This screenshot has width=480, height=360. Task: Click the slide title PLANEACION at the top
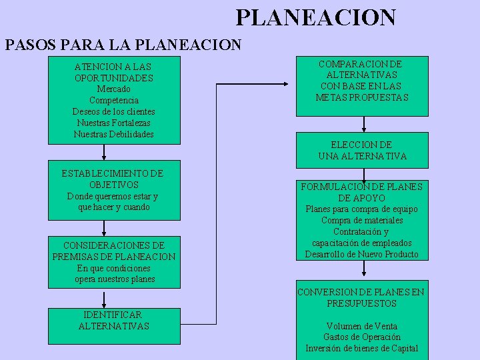pos(315,17)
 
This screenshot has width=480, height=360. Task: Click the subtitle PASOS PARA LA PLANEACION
pos(123,45)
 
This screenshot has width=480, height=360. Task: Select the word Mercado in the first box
pos(114,89)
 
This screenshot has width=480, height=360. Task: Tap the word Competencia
pos(114,100)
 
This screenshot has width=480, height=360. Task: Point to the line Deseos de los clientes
pos(114,111)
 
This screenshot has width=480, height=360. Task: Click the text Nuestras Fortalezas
pos(114,123)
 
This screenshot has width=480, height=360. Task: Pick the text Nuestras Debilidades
pos(114,134)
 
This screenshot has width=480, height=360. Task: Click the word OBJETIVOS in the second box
pos(114,185)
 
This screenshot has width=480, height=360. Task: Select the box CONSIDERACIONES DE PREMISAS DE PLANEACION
pos(114,262)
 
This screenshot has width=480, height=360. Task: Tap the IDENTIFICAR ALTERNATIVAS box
pos(114,325)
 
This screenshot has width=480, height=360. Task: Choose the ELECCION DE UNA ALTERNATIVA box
pos(363,150)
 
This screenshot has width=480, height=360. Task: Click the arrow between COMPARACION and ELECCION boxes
pos(363,125)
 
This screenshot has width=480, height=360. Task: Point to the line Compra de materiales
pos(362,220)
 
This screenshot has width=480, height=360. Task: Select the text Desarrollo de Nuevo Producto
pos(362,254)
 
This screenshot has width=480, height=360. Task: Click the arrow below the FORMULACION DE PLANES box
pos(363,268)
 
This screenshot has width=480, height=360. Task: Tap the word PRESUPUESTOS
pos(362,303)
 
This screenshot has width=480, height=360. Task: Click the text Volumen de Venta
pos(362,326)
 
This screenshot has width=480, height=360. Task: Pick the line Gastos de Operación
pos(362,337)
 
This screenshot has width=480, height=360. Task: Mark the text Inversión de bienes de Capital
pos(362,349)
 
